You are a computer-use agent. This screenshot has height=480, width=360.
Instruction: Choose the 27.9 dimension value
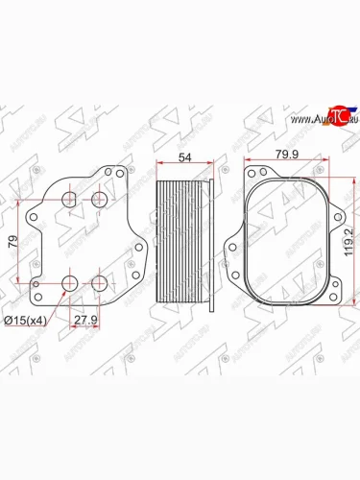tap(84, 320)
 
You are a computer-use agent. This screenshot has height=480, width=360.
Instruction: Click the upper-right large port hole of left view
tap(99, 199)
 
